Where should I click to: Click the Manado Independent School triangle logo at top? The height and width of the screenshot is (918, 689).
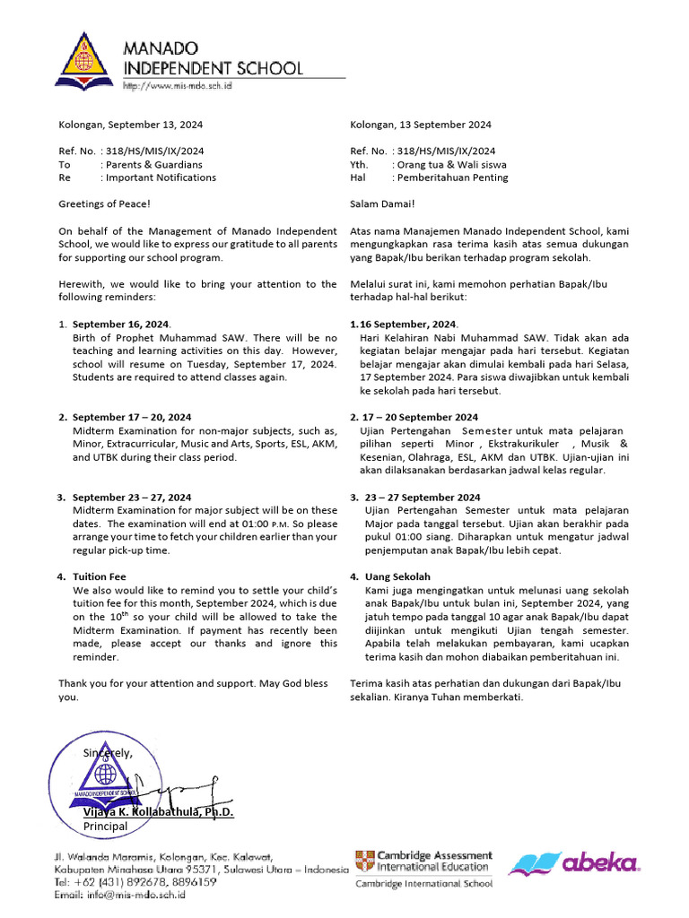[86, 65]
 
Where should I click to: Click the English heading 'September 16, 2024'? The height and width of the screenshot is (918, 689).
[120, 324]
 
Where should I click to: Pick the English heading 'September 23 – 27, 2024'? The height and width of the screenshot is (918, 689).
[131, 497]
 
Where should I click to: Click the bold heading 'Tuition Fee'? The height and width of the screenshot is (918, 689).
[100, 576]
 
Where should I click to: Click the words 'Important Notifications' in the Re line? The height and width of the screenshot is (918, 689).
[160, 178]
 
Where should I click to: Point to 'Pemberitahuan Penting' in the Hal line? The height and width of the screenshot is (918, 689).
[452, 178]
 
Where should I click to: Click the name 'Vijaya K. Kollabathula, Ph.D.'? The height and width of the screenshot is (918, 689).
[158, 812]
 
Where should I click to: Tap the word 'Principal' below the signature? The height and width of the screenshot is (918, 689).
[106, 826]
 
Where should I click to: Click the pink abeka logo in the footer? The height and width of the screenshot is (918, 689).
[574, 863]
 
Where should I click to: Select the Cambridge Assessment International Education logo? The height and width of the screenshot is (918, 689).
[423, 862]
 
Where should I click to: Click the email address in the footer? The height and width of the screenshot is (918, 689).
[118, 896]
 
